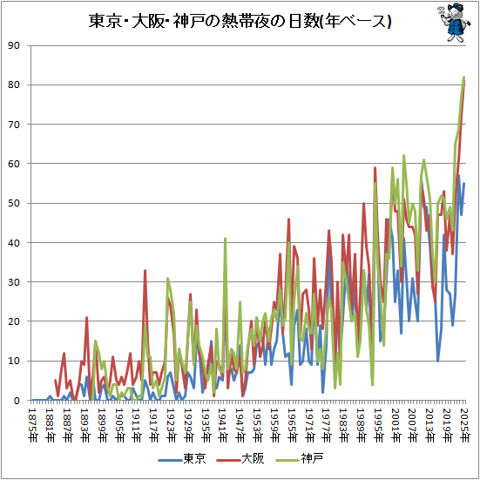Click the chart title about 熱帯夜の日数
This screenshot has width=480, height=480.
pos(240,22)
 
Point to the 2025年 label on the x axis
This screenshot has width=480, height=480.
pos(464,422)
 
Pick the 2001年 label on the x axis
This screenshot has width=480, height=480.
pos(395,422)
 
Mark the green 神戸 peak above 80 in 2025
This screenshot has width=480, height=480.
pos(463,77)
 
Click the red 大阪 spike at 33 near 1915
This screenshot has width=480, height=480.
pos(145,271)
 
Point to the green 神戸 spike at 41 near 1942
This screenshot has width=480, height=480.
pos(225,239)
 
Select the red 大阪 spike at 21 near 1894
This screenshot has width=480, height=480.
pos(86,318)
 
